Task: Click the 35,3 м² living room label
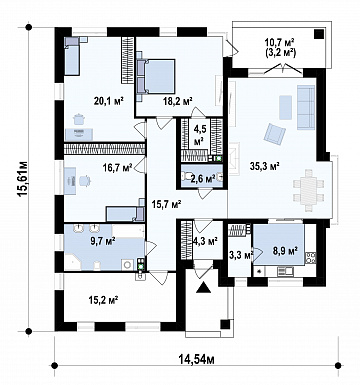click(265, 166)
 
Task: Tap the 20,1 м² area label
click(109, 101)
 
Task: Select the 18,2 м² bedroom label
click(178, 101)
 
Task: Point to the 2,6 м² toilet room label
click(202, 179)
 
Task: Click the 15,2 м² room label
click(104, 300)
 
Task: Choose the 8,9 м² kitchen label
click(285, 251)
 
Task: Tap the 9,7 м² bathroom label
click(103, 240)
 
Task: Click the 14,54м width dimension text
click(196, 359)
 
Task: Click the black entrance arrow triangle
click(203, 286)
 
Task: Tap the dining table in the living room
click(309, 190)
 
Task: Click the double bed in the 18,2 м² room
click(156, 76)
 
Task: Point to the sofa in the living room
click(306, 107)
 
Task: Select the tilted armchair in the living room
click(275, 134)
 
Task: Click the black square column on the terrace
click(319, 34)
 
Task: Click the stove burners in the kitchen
click(311, 258)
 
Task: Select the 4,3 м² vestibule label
click(205, 240)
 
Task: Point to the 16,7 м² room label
click(117, 167)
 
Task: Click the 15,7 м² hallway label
click(166, 204)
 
